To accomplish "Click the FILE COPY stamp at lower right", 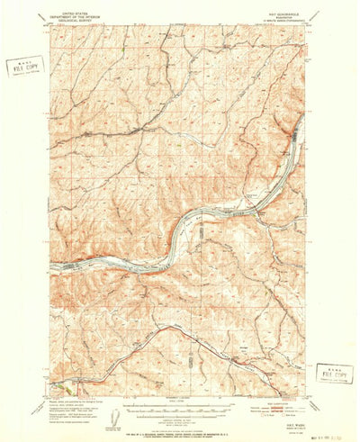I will (333, 373).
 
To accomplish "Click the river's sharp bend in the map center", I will (186, 223).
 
